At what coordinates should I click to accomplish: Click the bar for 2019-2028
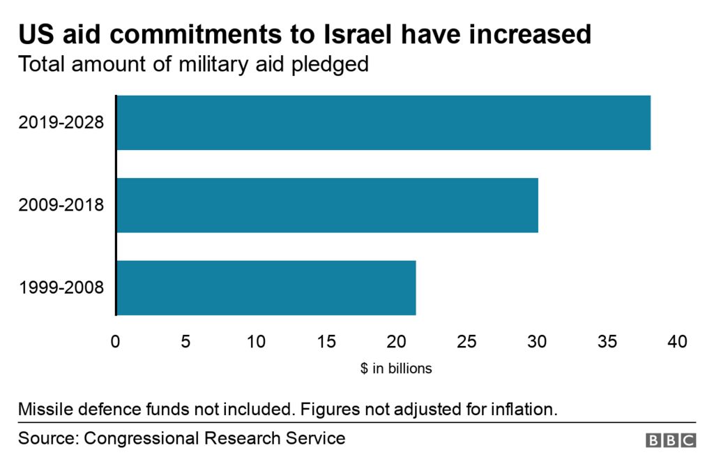[x=383, y=123]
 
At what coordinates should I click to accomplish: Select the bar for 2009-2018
[x=327, y=205]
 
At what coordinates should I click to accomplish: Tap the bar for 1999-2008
[x=266, y=287]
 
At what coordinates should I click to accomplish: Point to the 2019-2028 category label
[x=61, y=123]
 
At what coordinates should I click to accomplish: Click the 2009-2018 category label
[x=61, y=205]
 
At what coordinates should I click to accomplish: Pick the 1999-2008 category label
[x=61, y=287]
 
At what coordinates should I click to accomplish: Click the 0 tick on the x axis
[x=116, y=342]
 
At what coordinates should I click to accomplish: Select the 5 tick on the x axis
[x=185, y=342]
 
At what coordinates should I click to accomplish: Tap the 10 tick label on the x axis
[x=256, y=342]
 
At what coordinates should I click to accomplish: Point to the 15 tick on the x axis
[x=326, y=342]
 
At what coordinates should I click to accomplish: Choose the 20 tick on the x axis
[x=397, y=342]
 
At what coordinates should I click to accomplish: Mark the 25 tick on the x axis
[x=466, y=342]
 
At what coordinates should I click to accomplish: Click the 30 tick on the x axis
[x=537, y=342]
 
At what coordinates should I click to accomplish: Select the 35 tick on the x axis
[x=607, y=342]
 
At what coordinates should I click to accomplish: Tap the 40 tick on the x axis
[x=677, y=342]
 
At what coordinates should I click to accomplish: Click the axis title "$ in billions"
[x=396, y=368]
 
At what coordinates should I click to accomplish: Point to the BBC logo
[x=671, y=440]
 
